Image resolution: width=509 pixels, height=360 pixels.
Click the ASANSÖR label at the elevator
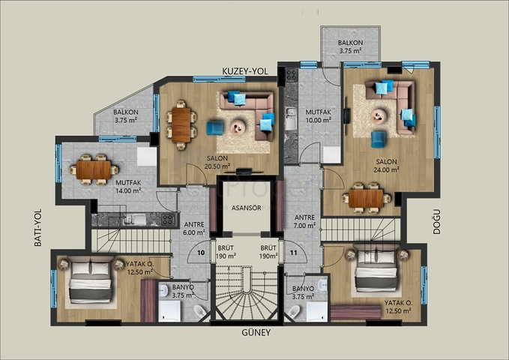[x=247, y=208]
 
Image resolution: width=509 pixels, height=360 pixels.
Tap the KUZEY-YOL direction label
[x=245, y=70]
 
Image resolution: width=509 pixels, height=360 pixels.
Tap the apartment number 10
[x=201, y=253]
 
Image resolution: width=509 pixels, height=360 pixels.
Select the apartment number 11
[x=293, y=253]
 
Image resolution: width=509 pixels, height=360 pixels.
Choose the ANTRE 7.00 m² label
[x=304, y=221]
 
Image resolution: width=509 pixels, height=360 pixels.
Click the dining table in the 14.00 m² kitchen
[x=94, y=169]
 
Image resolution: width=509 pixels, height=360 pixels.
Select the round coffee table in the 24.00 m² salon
[x=379, y=115]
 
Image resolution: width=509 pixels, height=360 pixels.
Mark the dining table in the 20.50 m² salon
[x=181, y=124]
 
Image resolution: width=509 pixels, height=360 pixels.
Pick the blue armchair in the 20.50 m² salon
[x=215, y=128]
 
